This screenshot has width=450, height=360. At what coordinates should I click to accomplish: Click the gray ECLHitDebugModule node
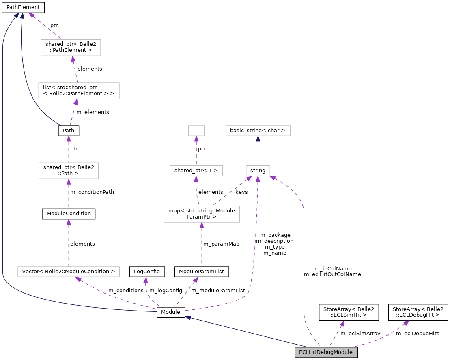pyautogui.click(x=326, y=352)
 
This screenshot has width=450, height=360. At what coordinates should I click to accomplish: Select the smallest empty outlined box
pyautogui.click(x=196, y=131)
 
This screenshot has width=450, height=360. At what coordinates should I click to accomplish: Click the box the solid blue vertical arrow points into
pyautogui.click(x=258, y=131)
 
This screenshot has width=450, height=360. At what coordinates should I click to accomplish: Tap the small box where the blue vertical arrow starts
pyautogui.click(x=258, y=171)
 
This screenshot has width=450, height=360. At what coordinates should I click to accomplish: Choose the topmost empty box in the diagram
pyautogui.click(x=71, y=47)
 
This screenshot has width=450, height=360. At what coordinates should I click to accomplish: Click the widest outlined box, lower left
pyautogui.click(x=69, y=272)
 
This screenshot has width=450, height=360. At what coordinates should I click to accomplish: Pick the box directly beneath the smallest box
pyautogui.click(x=196, y=171)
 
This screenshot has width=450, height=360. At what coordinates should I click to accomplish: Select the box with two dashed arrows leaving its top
pyautogui.click(x=202, y=214)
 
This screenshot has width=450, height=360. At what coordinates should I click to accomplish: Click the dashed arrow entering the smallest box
pyautogui.click(x=196, y=151)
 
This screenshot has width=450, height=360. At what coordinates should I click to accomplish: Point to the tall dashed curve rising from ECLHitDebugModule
pyautogui.click(x=304, y=264)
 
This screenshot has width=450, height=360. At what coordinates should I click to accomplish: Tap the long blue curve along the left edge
pyautogui.click(x=3, y=162)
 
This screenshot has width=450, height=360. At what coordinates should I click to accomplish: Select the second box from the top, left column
pyautogui.click(x=79, y=91)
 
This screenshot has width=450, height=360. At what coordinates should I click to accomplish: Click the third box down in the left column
pyautogui.click(x=69, y=171)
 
